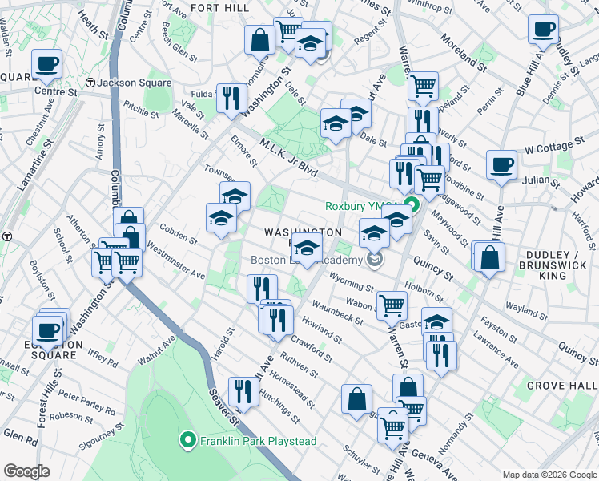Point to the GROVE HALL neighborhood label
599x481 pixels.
pos(559,386)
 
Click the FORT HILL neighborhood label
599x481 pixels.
pos(223,7)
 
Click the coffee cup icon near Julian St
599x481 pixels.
pos(502,165)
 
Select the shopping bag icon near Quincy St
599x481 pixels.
pos(489,257)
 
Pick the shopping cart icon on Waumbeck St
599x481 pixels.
pos(392,305)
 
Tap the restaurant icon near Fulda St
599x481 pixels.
pos(231,99)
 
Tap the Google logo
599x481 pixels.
pos(26,471)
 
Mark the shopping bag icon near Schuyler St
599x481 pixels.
pos(356,398)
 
